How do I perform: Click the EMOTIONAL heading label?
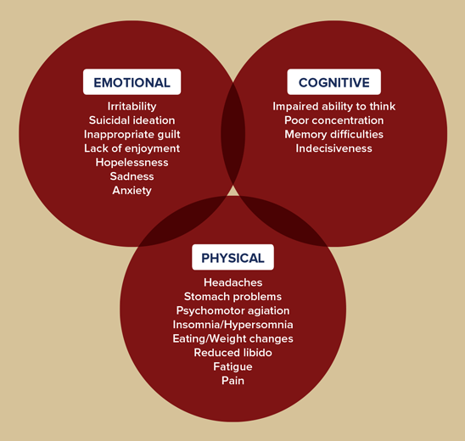click(x=132, y=82)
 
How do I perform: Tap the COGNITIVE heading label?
click(x=334, y=82)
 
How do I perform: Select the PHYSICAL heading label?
click(x=232, y=257)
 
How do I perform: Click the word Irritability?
click(x=132, y=106)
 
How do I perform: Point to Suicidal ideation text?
click(x=132, y=120)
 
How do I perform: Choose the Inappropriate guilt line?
click(x=132, y=135)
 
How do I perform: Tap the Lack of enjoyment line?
click(x=132, y=148)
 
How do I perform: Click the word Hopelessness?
click(x=132, y=163)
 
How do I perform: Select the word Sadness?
click(x=132, y=176)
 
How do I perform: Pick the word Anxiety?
click(x=132, y=191)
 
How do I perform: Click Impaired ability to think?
click(x=334, y=106)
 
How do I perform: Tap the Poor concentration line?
click(x=334, y=120)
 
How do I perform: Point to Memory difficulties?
click(x=334, y=135)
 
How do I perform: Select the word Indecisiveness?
click(x=334, y=148)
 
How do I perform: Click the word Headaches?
click(x=233, y=282)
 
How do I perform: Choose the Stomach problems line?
click(x=232, y=297)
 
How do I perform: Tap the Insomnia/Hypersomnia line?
click(x=232, y=325)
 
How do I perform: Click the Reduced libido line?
click(x=232, y=353)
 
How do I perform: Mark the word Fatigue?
click(x=232, y=367)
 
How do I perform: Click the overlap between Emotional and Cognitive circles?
click(x=233, y=134)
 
